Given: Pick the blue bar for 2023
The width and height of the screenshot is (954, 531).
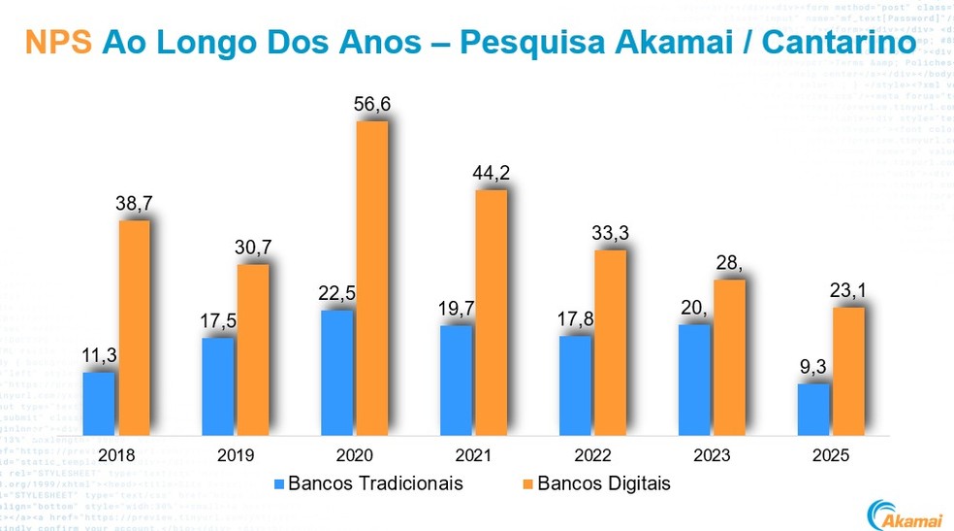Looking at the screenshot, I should pos(694,380).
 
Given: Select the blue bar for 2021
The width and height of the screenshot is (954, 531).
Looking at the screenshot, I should pos(456,380).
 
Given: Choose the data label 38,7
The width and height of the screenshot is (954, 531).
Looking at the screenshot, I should pos(134,204).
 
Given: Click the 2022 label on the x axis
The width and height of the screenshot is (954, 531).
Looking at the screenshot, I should pos(592,455).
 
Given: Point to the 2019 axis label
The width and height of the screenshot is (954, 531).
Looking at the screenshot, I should pos(235,455).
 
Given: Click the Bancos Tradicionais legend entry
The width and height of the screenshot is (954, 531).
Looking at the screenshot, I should pos(368,482).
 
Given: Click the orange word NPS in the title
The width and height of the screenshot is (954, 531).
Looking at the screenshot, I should pos(59,43).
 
